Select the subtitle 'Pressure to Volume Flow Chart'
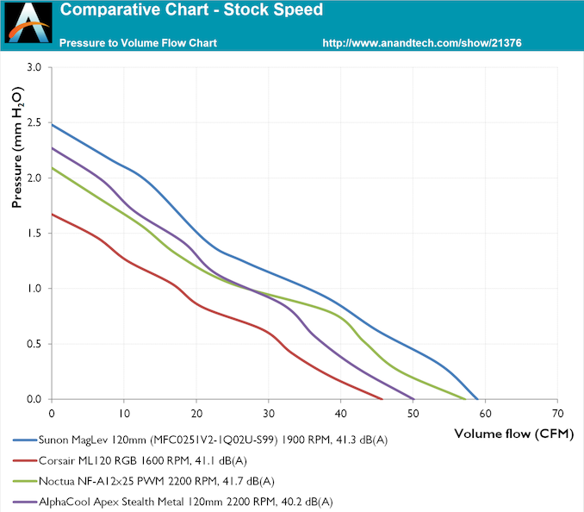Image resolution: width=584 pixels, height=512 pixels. point(138,42)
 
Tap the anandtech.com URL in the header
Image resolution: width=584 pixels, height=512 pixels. point(422,42)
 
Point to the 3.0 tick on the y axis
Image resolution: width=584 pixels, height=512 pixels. point(34,67)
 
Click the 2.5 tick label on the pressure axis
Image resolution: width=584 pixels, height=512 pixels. point(34,122)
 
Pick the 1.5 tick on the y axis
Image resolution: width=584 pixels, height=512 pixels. point(34,234)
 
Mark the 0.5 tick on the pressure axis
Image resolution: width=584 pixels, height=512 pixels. point(34,344)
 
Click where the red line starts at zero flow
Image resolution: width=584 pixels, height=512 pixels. point(53,214)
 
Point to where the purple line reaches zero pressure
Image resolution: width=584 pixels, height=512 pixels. point(413,399)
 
